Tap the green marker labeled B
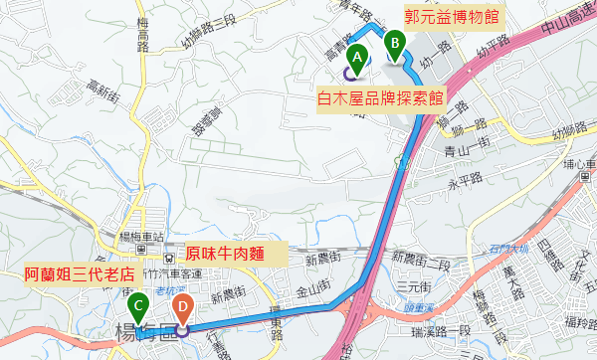pyautogui.click(x=395, y=43)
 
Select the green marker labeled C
pyautogui.click(x=138, y=302)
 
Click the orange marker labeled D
pyautogui.click(x=182, y=306)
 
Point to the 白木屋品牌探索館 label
pyautogui.click(x=380, y=100)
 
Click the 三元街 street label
pyautogui.click(x=411, y=286)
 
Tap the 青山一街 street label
pyautogui.click(x=463, y=151)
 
